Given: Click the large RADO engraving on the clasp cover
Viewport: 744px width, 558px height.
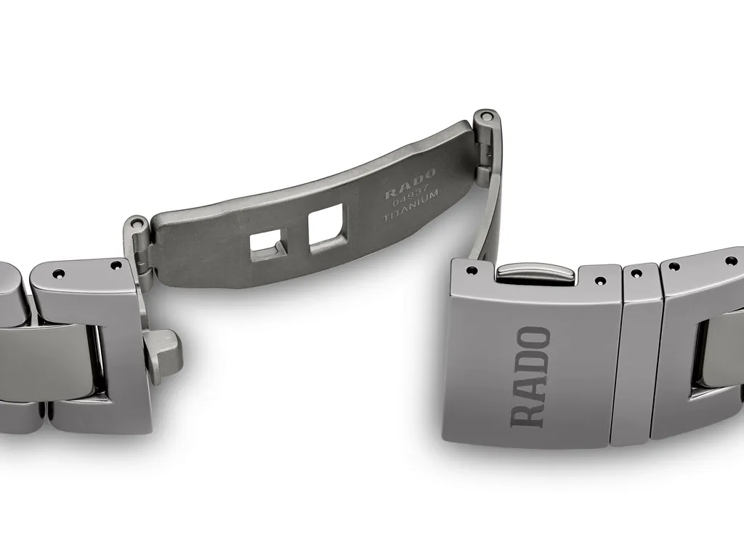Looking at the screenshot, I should [x=530, y=376].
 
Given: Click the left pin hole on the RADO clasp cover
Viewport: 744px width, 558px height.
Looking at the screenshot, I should [x=473, y=270].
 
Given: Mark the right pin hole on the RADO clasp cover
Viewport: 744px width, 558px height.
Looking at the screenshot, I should [x=599, y=280].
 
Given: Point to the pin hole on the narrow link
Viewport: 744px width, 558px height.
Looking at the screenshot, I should [x=637, y=274].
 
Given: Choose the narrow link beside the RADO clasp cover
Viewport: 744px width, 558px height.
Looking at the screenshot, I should [x=636, y=356].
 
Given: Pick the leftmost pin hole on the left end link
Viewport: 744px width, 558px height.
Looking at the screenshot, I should [x=58, y=273].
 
